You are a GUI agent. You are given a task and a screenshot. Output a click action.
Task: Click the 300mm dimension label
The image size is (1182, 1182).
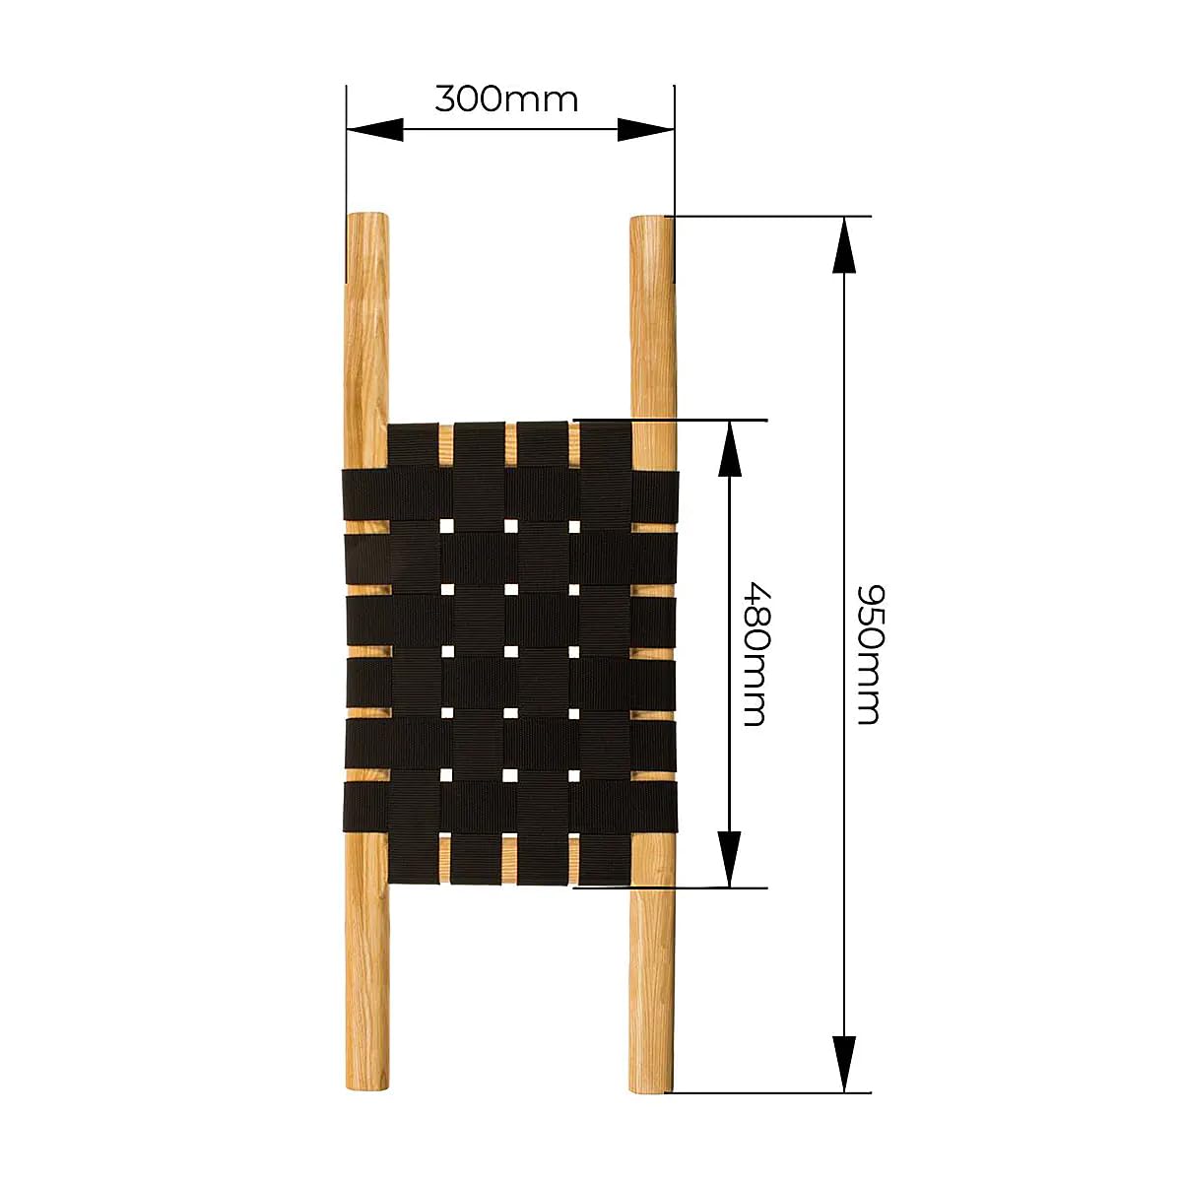point(506,98)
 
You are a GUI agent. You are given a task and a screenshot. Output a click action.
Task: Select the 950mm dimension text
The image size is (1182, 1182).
point(870,654)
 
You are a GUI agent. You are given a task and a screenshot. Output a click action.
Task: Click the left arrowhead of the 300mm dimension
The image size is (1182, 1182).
point(374,129)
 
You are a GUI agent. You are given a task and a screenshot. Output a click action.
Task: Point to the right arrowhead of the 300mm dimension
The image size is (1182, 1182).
point(646,129)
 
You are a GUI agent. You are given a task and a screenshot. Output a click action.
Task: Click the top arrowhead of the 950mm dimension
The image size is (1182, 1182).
point(844,244)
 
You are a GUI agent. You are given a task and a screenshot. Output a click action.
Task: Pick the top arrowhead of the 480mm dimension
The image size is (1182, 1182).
point(729,448)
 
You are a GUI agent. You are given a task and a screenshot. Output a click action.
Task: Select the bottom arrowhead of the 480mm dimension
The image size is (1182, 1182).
point(729,859)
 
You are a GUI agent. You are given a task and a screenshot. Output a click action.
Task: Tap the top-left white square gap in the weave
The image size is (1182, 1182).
point(446,526)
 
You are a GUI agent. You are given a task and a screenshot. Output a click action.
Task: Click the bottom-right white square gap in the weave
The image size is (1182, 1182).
point(574,776)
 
